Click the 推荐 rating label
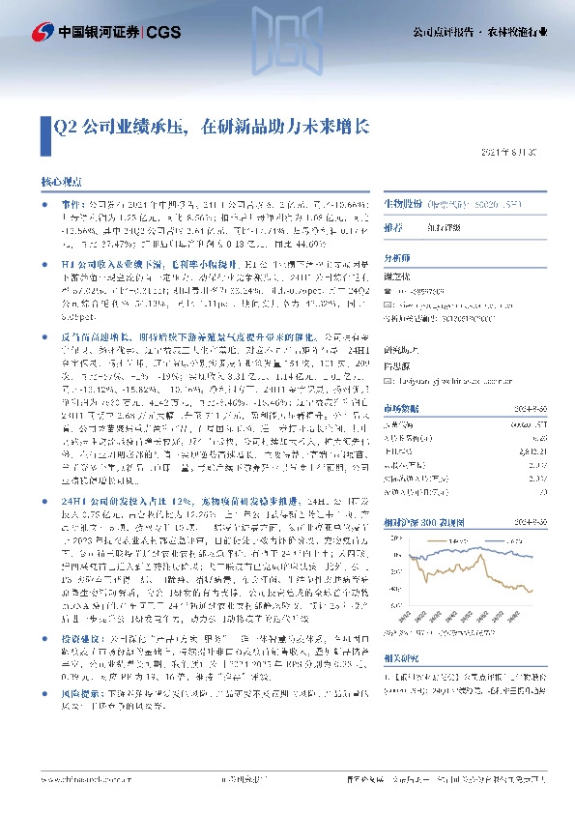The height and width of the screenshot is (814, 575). click(394, 229)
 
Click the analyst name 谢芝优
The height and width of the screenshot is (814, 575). click(398, 276)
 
